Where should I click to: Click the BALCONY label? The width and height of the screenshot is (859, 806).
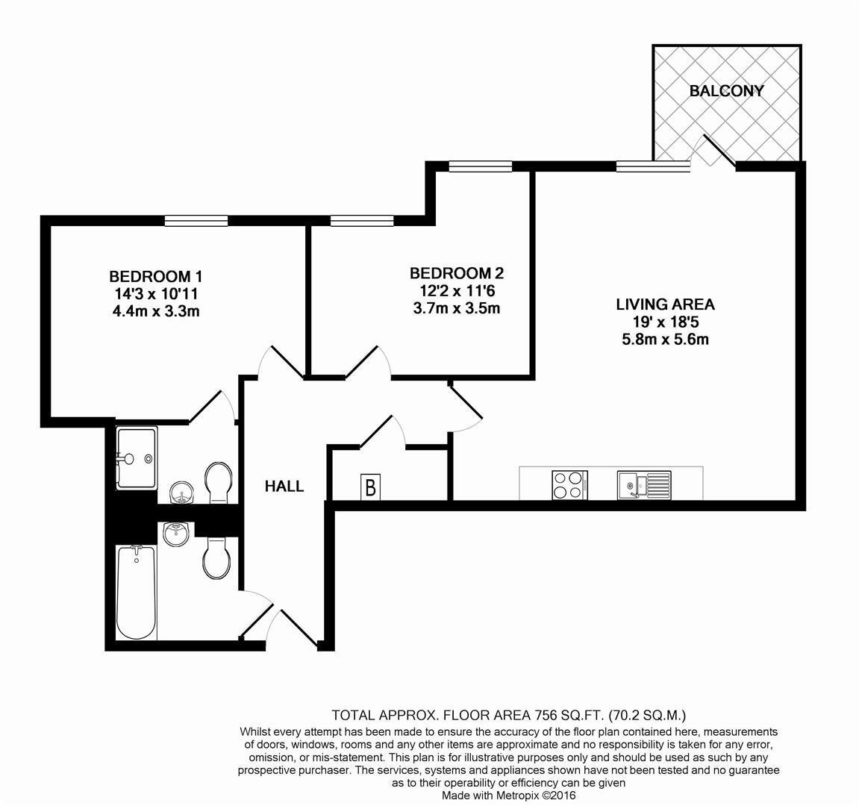pos(726,91)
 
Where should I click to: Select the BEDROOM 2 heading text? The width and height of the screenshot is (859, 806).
pos(457,273)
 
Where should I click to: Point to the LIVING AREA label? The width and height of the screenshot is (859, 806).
pos(665,304)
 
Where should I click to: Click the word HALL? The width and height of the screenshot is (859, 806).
pos(284,487)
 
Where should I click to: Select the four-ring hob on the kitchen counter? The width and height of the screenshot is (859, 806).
pos(569,485)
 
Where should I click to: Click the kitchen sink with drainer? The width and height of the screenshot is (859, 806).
pos(643,485)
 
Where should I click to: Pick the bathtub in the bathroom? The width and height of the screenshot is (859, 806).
pos(137,592)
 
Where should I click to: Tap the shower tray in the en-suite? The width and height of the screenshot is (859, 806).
pos(136,457)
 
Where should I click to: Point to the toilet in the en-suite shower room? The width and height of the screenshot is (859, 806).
pos(218,480)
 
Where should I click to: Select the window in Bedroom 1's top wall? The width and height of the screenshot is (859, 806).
pos(196,220)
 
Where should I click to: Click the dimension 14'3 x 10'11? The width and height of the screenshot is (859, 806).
pos(156,293)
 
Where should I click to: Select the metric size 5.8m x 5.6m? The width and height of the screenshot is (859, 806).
pos(665,340)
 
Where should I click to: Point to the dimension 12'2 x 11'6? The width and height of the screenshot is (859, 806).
pos(456,290)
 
